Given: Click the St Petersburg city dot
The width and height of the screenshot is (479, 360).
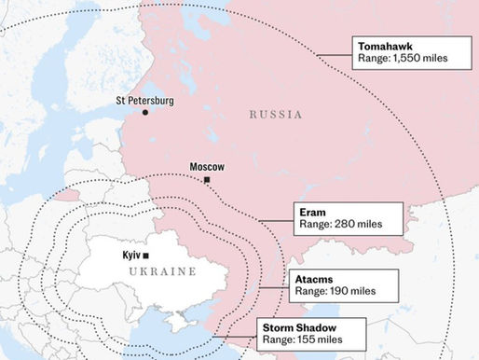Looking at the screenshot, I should (x=145, y=112).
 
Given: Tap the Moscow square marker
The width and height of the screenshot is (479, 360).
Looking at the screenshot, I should (x=207, y=180).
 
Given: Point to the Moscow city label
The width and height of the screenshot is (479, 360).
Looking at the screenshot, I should (x=207, y=167).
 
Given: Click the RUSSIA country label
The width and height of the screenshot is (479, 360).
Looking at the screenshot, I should (x=276, y=115).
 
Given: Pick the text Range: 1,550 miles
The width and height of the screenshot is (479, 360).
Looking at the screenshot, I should (x=403, y=59).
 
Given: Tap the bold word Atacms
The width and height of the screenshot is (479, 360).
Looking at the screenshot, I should (x=314, y=278).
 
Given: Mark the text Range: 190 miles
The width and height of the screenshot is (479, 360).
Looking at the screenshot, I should (x=336, y=291).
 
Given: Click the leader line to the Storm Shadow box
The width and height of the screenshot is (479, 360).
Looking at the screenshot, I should (x=242, y=336).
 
